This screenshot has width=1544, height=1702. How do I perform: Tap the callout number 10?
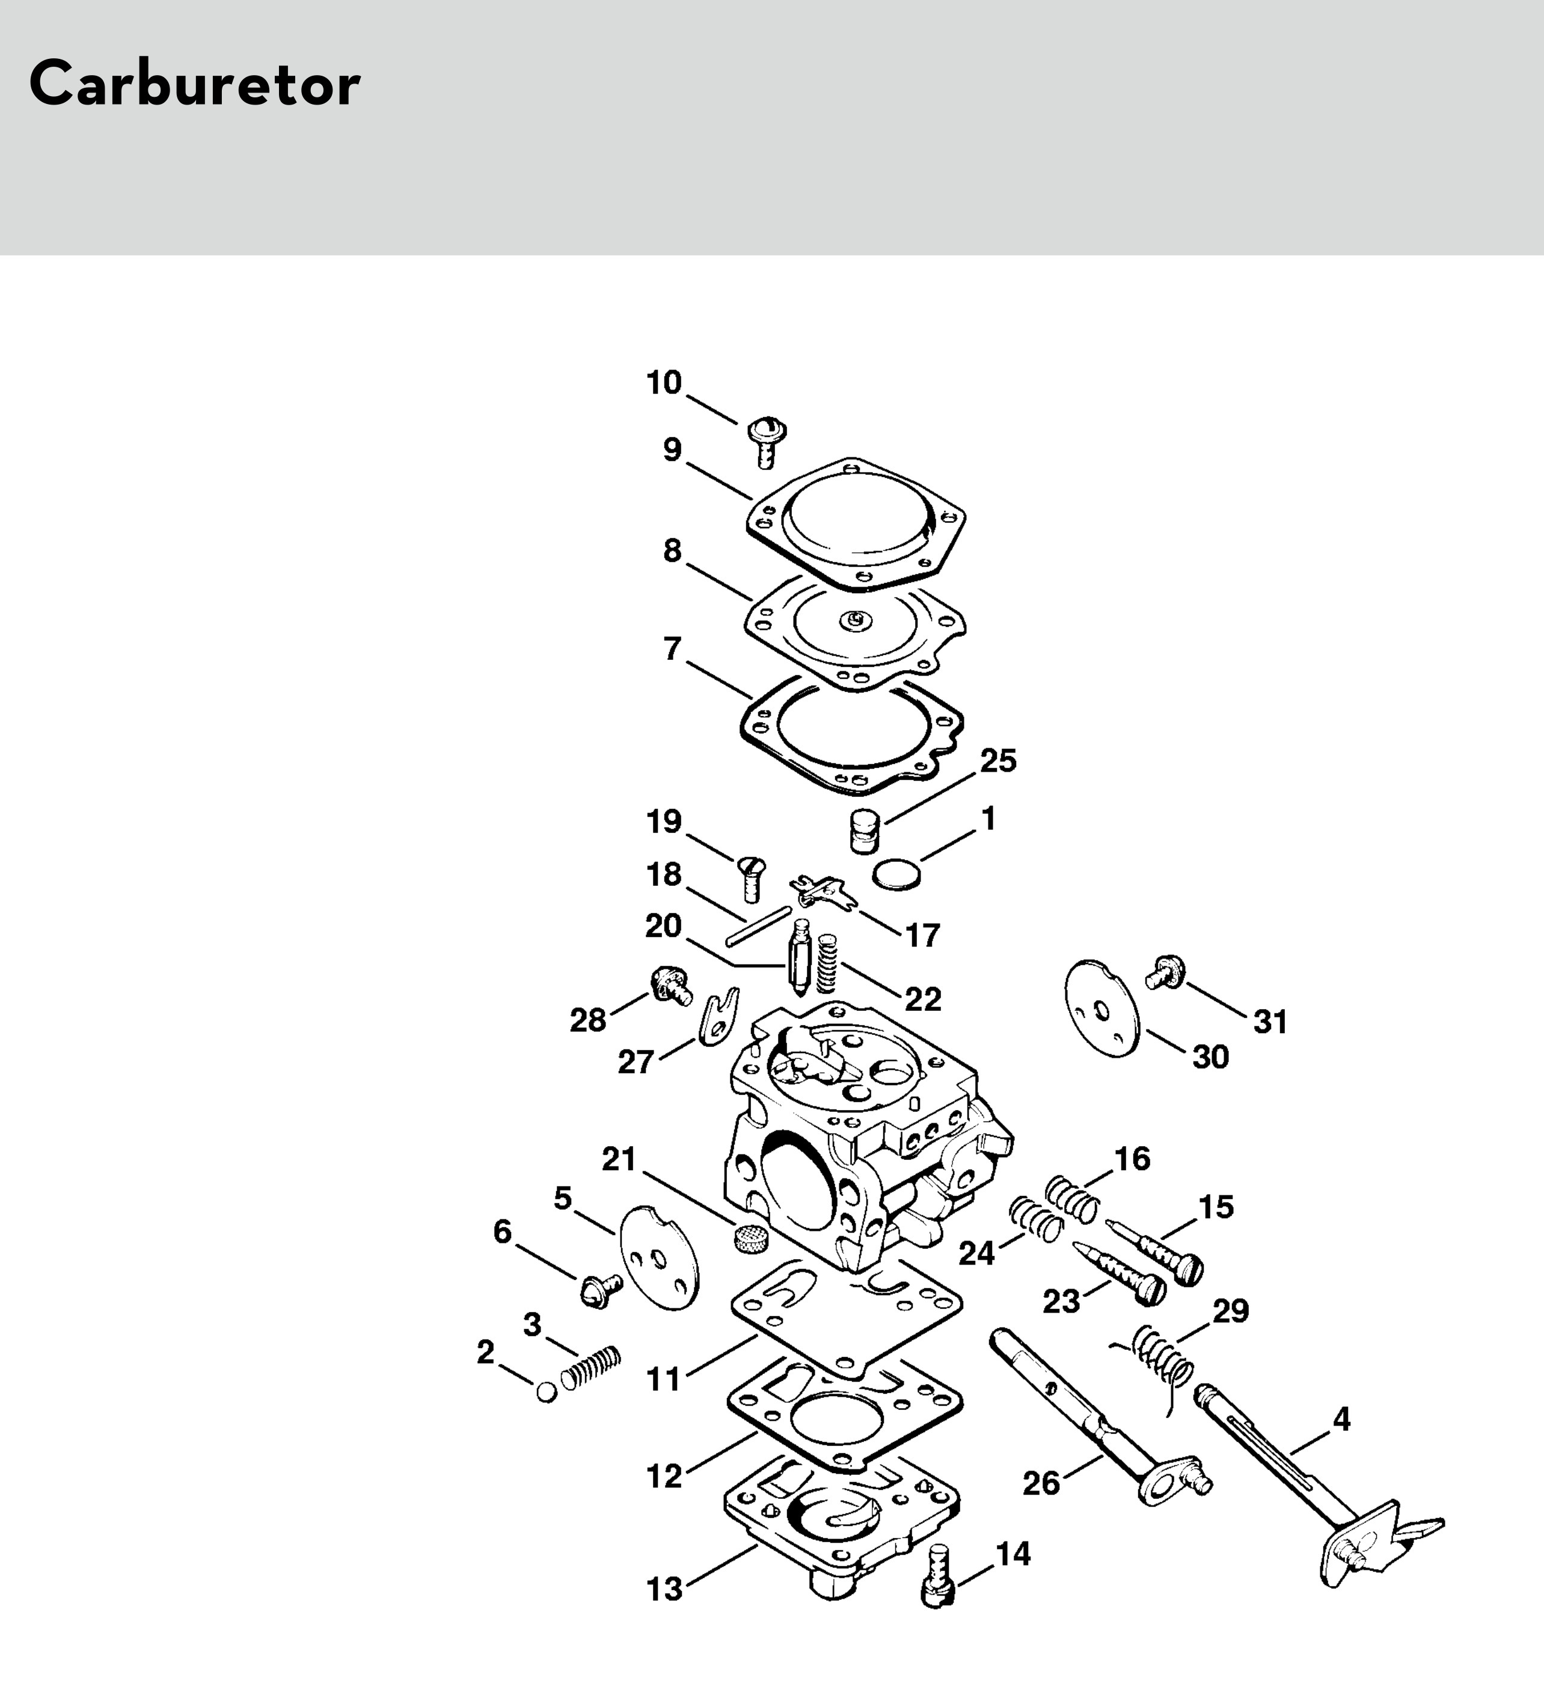(664, 383)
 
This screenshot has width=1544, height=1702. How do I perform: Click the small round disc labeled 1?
(896, 873)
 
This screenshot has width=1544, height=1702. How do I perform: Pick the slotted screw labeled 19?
(752, 878)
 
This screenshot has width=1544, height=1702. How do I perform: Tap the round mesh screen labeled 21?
(749, 1239)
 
